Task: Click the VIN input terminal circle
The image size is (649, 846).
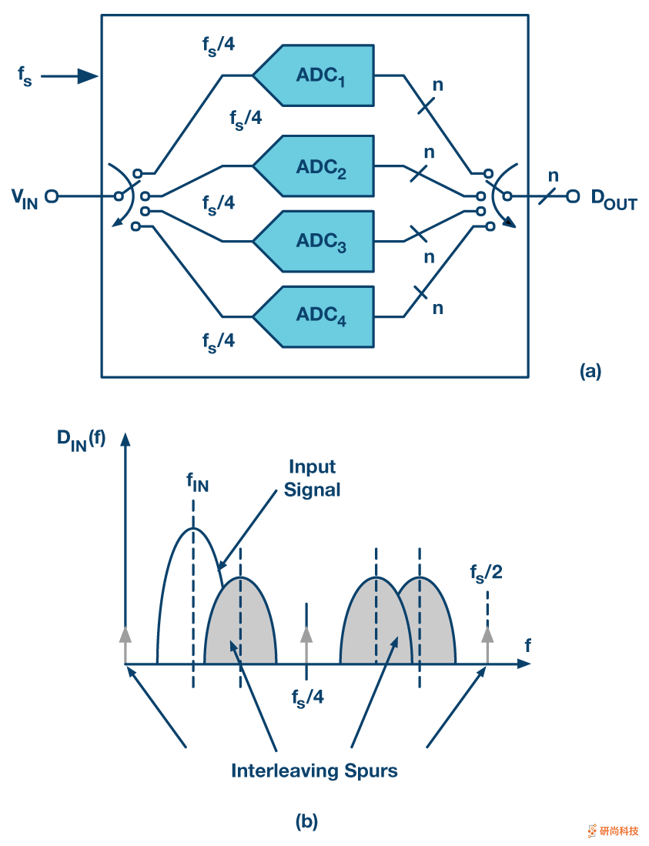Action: click(52, 196)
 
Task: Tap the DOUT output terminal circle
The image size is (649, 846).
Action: click(572, 196)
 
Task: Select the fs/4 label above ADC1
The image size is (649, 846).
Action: click(213, 45)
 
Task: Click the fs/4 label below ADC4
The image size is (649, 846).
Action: click(219, 341)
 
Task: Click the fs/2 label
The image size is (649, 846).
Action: click(487, 573)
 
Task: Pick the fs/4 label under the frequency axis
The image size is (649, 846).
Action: click(307, 697)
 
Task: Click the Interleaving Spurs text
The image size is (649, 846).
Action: click(314, 770)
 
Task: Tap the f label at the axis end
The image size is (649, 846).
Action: click(527, 646)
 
